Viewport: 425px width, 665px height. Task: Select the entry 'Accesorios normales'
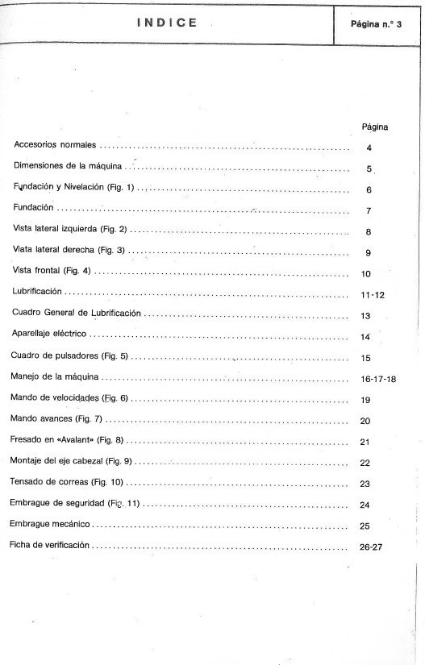[56, 145]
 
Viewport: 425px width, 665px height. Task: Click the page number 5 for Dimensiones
[369, 169]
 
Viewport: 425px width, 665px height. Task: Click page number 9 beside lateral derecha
[368, 252]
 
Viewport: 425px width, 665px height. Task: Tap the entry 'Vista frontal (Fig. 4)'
[52, 272]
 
